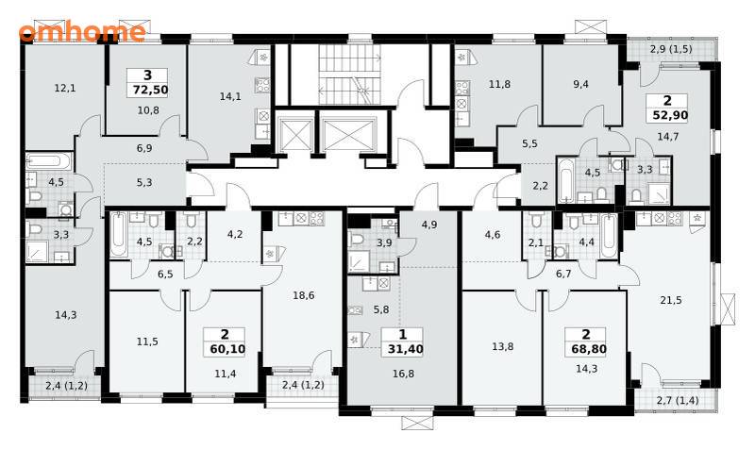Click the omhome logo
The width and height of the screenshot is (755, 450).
point(82,32)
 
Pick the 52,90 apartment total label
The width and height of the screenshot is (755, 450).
point(670,115)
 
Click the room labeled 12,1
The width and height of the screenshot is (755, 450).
point(65,88)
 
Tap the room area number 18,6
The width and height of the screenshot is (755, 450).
point(303,295)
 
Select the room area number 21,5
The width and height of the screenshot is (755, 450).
point(671,300)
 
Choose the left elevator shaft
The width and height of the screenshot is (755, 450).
point(294,133)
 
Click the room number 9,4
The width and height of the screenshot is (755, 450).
point(581,84)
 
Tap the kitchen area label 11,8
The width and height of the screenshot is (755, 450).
point(499,84)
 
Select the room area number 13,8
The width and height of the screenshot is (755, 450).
point(502,346)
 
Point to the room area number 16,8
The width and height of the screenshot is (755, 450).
point(403,374)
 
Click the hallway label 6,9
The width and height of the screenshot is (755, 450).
point(144,148)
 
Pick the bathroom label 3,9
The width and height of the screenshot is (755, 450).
point(384,243)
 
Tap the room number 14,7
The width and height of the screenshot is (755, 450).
point(668,137)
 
